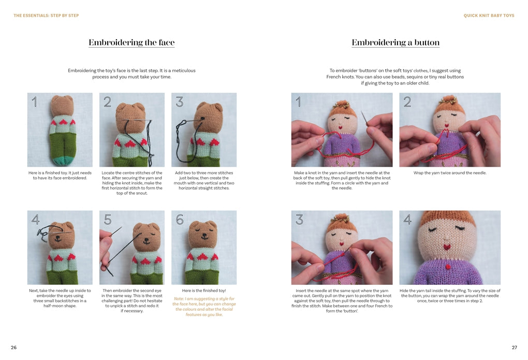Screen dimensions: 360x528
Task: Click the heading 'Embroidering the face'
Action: point(131,42)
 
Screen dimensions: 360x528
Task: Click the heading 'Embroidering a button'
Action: point(395,42)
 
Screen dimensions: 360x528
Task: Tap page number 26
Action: point(14,347)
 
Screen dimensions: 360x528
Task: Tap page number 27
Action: point(514,347)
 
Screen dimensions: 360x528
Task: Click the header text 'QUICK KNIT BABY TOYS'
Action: point(489,16)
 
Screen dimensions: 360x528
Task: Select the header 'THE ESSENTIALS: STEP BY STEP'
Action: point(46,16)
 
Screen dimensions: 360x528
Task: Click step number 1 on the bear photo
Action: point(35,102)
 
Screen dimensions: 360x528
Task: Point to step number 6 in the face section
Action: point(180,220)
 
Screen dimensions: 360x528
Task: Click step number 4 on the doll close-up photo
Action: point(407,220)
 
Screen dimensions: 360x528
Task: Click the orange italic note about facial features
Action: point(204,307)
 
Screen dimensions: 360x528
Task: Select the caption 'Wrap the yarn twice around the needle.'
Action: point(450,173)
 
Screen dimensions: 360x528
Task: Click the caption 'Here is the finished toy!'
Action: point(204,291)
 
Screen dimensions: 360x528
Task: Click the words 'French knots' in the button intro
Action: point(340,77)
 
